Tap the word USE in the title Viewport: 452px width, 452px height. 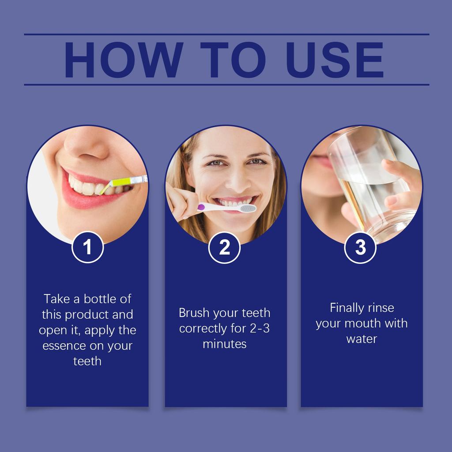point(335,60)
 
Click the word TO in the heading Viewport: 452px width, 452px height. point(233,60)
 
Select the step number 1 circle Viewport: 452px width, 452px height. point(87,247)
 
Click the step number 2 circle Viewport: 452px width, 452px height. point(224,248)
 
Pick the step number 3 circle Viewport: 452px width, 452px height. point(360,248)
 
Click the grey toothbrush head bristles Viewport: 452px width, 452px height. point(248,208)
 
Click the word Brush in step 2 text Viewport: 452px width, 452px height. point(194,313)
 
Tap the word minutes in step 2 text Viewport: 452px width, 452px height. point(224,344)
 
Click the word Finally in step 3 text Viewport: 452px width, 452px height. point(347,308)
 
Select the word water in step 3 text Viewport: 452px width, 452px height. point(362,339)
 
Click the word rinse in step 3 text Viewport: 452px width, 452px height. point(380,308)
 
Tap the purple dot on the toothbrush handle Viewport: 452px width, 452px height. point(201,207)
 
